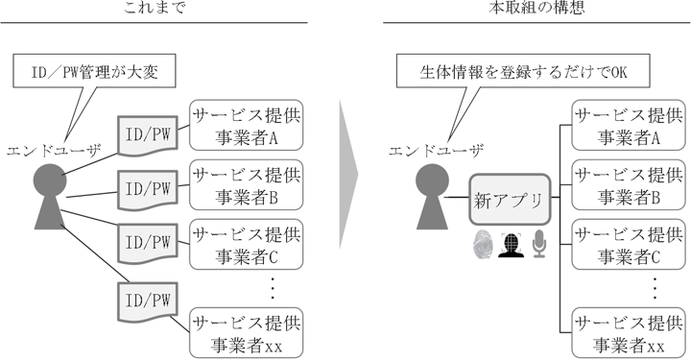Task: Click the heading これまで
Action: coord(154,9)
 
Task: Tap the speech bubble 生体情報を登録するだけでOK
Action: coord(523,72)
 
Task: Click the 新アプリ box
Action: coord(510,202)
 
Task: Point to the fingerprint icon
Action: coord(482,244)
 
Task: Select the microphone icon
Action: coord(539,244)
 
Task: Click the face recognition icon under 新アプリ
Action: coord(511,244)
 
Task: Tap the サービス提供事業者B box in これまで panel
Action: coord(248,186)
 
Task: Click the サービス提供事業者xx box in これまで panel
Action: coord(248,332)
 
